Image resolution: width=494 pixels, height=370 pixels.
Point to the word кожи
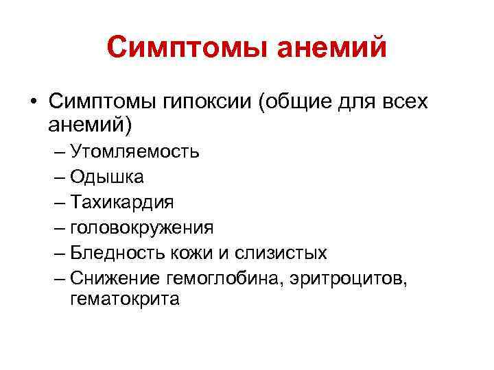click(193, 253)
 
